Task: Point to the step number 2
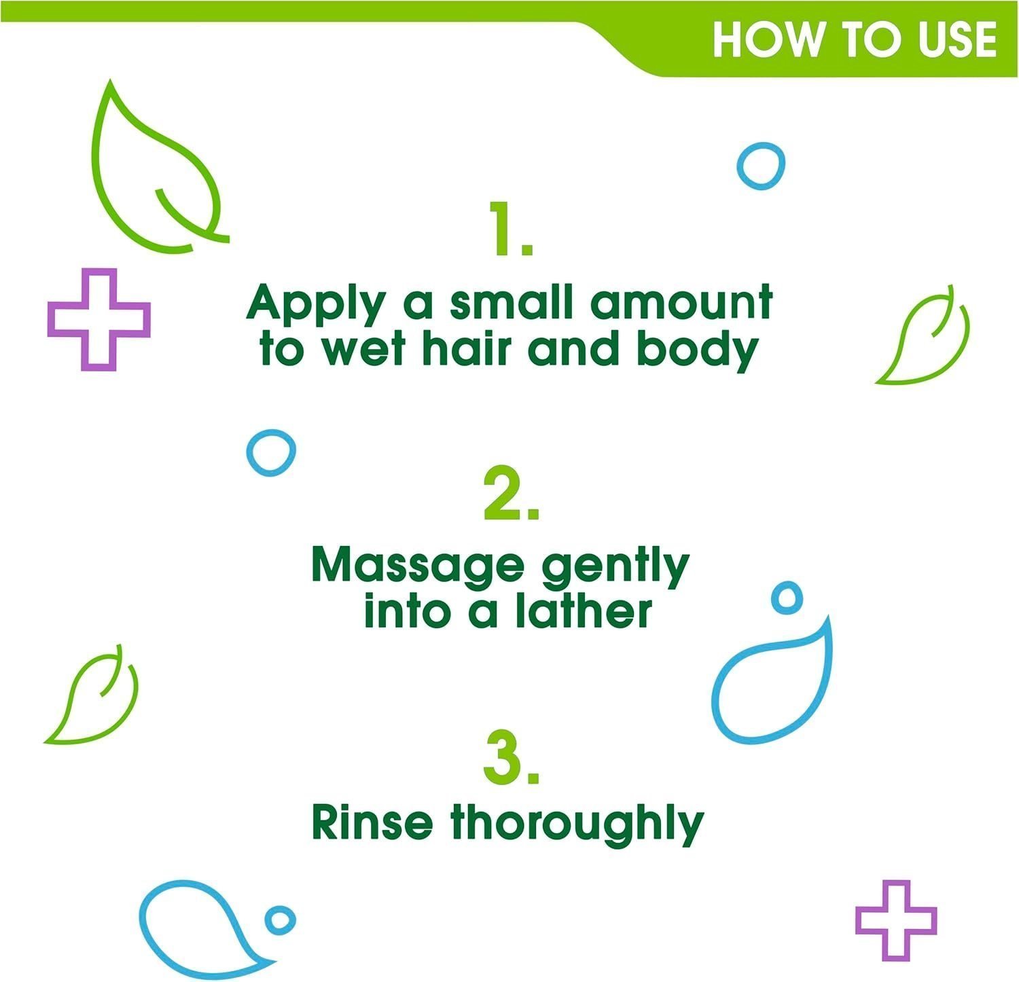(x=512, y=494)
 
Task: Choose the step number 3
(x=512, y=757)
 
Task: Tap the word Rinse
(x=372, y=822)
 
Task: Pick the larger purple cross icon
(x=99, y=319)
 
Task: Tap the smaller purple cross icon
(x=896, y=920)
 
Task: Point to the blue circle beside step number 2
(x=271, y=452)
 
